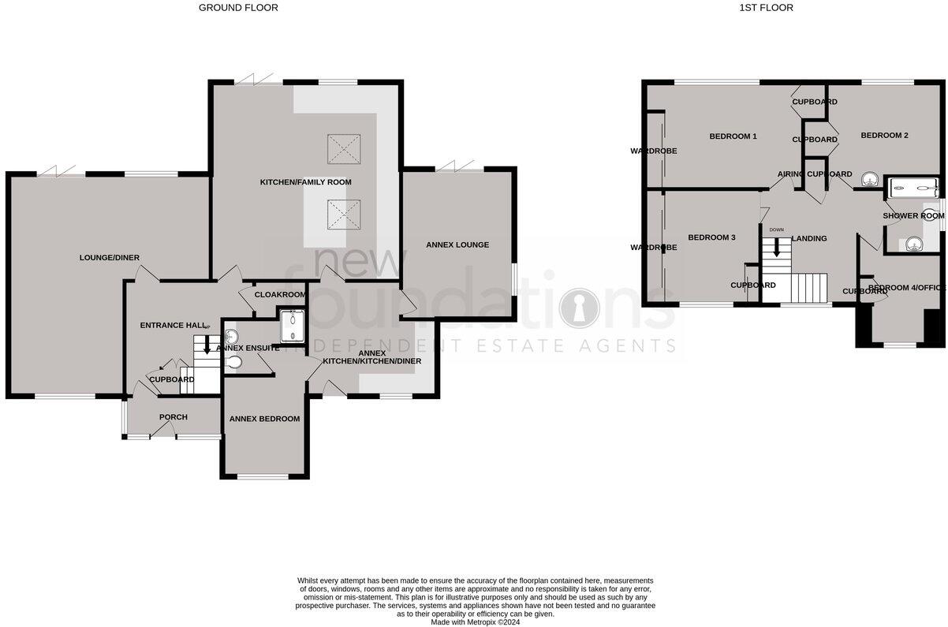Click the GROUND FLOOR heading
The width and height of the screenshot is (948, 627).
[238, 8]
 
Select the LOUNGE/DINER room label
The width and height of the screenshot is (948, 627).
[110, 257]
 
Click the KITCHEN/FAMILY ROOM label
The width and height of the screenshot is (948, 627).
[306, 182]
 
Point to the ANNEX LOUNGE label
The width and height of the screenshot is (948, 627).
[457, 244]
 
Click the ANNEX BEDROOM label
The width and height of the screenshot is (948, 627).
[264, 419]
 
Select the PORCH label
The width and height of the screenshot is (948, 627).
[173, 416]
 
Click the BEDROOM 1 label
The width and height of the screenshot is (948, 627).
[733, 136]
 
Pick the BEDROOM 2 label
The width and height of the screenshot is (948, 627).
[884, 136]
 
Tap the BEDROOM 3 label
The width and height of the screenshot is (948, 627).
[711, 237]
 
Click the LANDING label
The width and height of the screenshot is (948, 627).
[808, 238]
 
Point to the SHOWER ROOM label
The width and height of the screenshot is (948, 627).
[913, 215]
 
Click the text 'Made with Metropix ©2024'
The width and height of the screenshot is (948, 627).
[475, 621]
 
